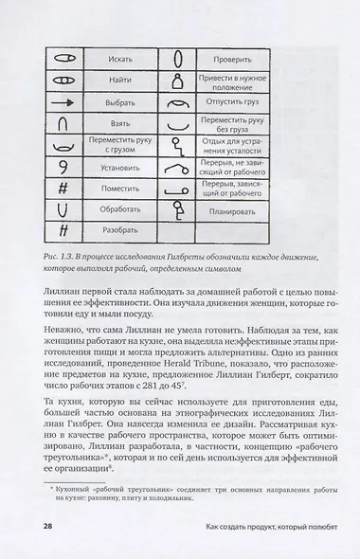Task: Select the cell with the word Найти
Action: [x=120, y=69]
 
